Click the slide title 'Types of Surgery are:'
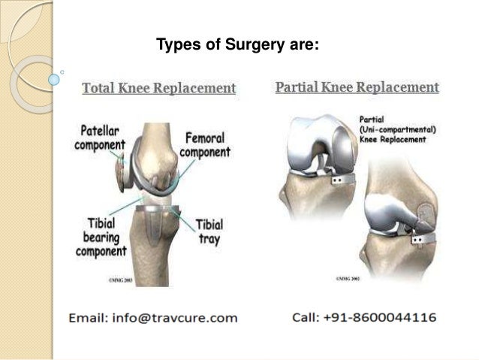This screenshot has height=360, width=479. click(237, 47)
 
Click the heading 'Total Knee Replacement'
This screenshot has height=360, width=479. click(158, 89)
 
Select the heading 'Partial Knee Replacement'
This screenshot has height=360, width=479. click(357, 88)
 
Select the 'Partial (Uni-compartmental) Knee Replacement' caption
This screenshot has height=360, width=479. click(395, 129)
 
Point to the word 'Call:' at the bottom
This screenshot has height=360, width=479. click(308, 318)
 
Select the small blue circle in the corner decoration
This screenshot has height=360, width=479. click(52, 76)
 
